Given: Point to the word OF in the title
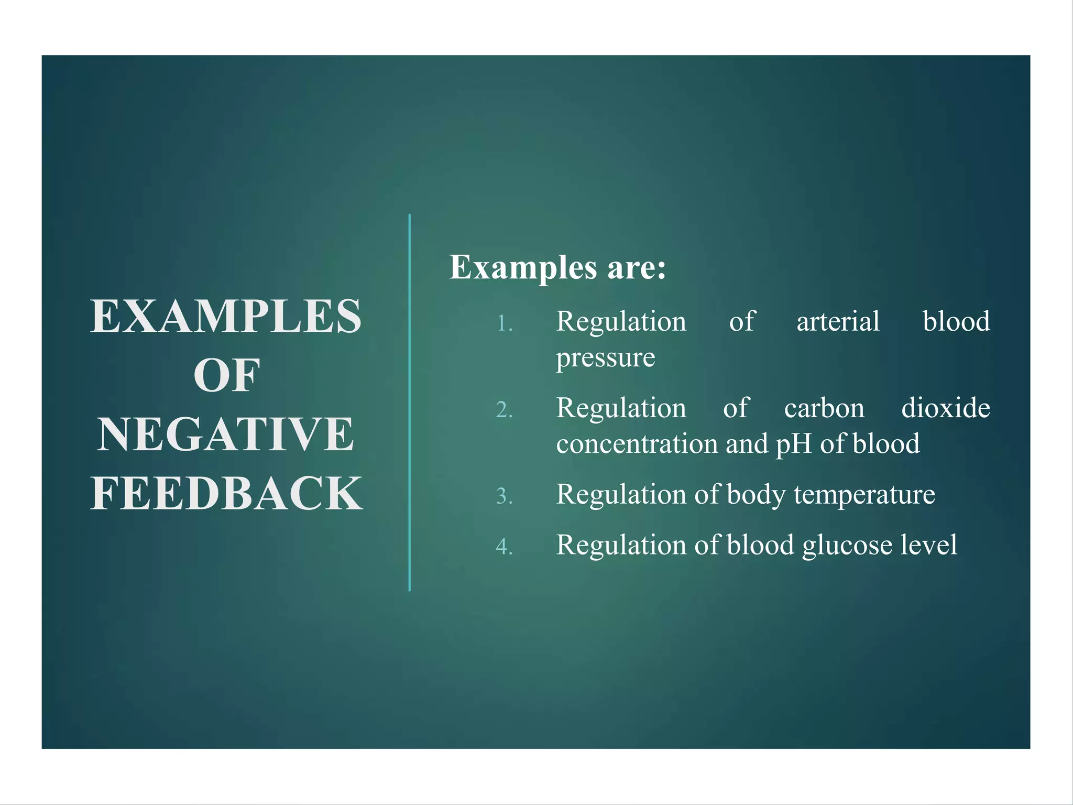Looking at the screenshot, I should tap(226, 375).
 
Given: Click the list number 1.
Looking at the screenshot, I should tap(504, 323).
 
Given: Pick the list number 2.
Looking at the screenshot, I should tap(504, 410).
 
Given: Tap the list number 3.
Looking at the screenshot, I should tap(504, 496).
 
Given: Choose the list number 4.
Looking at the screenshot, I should tap(504, 547).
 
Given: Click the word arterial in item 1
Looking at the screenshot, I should tap(838, 321).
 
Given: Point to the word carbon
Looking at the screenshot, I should tap(824, 408).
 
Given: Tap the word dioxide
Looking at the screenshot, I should tap(946, 408).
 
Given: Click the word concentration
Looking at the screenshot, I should tap(637, 444).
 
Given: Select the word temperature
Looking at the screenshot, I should tap(864, 494).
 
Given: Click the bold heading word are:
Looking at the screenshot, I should tap(636, 267).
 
